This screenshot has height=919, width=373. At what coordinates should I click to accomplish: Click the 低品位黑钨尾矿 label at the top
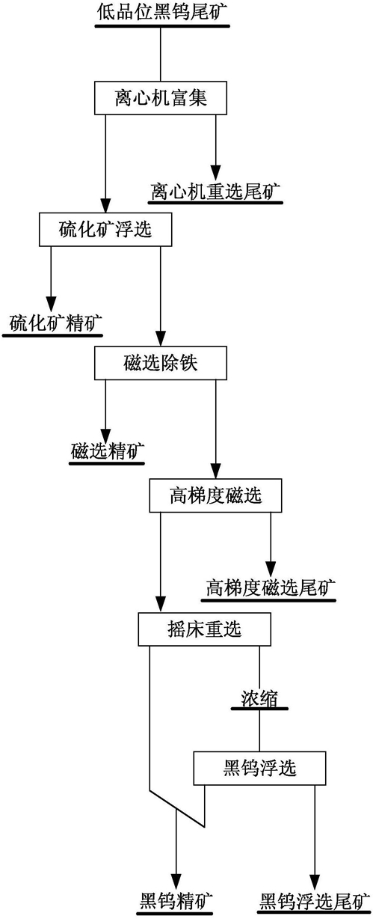pos(162,11)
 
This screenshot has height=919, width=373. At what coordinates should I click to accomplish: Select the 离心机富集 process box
pos(161,97)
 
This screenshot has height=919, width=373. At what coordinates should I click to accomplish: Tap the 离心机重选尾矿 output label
pos(215,191)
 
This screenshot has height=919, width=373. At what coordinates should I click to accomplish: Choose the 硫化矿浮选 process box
pos(105,229)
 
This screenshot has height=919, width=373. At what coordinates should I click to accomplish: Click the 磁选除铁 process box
pos(161,363)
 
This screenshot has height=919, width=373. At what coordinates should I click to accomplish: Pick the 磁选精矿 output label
pos(107,452)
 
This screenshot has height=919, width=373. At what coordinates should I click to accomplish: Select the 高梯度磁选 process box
pos(215,495)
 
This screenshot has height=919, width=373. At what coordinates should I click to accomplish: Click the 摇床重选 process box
pos(204,629)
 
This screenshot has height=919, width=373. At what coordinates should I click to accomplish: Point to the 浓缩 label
pos(259,698)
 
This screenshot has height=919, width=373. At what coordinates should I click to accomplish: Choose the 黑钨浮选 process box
pos(259,768)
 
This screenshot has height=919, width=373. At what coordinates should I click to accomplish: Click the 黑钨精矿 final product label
pos(176,901)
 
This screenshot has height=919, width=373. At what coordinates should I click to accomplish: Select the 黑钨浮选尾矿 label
pos(315,901)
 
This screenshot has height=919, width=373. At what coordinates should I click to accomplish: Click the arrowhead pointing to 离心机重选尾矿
pos(215,172)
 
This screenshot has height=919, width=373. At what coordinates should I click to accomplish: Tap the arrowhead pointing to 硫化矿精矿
pos(51,305)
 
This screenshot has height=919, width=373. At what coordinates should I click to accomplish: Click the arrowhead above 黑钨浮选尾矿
pos(315,882)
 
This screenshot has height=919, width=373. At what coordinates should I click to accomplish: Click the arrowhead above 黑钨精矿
pos(176,882)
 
